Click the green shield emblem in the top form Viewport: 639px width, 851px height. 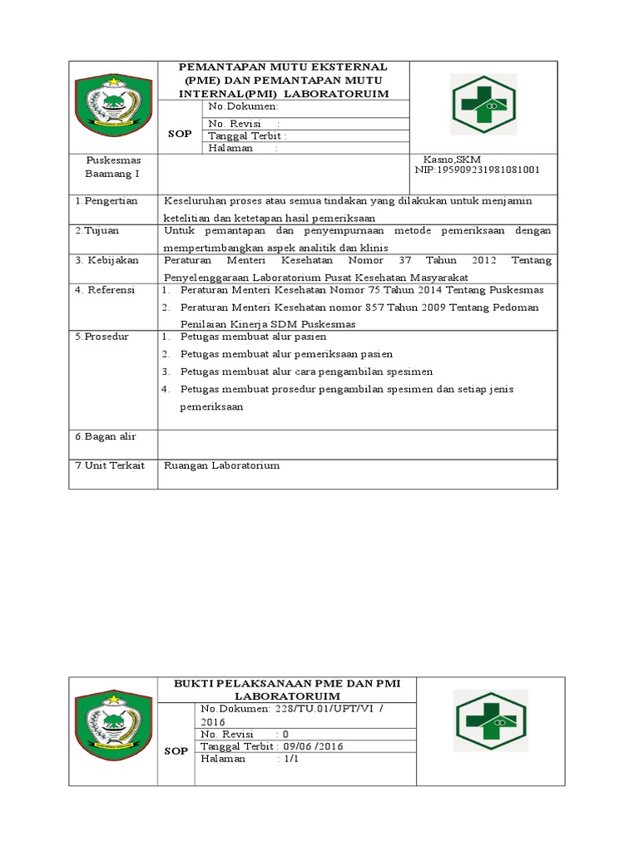coord(113,107)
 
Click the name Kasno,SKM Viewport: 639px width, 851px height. coord(452,159)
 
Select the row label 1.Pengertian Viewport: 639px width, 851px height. coord(106,201)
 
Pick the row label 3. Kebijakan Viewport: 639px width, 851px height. coord(106,260)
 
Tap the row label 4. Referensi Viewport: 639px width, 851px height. coord(105,290)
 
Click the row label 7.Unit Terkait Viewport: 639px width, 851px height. coord(110,465)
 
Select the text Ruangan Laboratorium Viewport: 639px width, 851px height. coord(222,465)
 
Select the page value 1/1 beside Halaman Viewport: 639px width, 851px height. coord(290,760)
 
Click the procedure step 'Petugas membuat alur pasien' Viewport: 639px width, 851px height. coord(253,337)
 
